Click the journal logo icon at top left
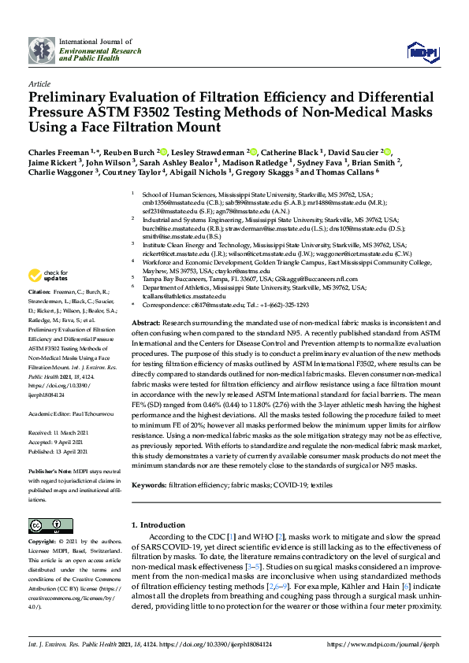41,50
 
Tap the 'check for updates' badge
49,276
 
